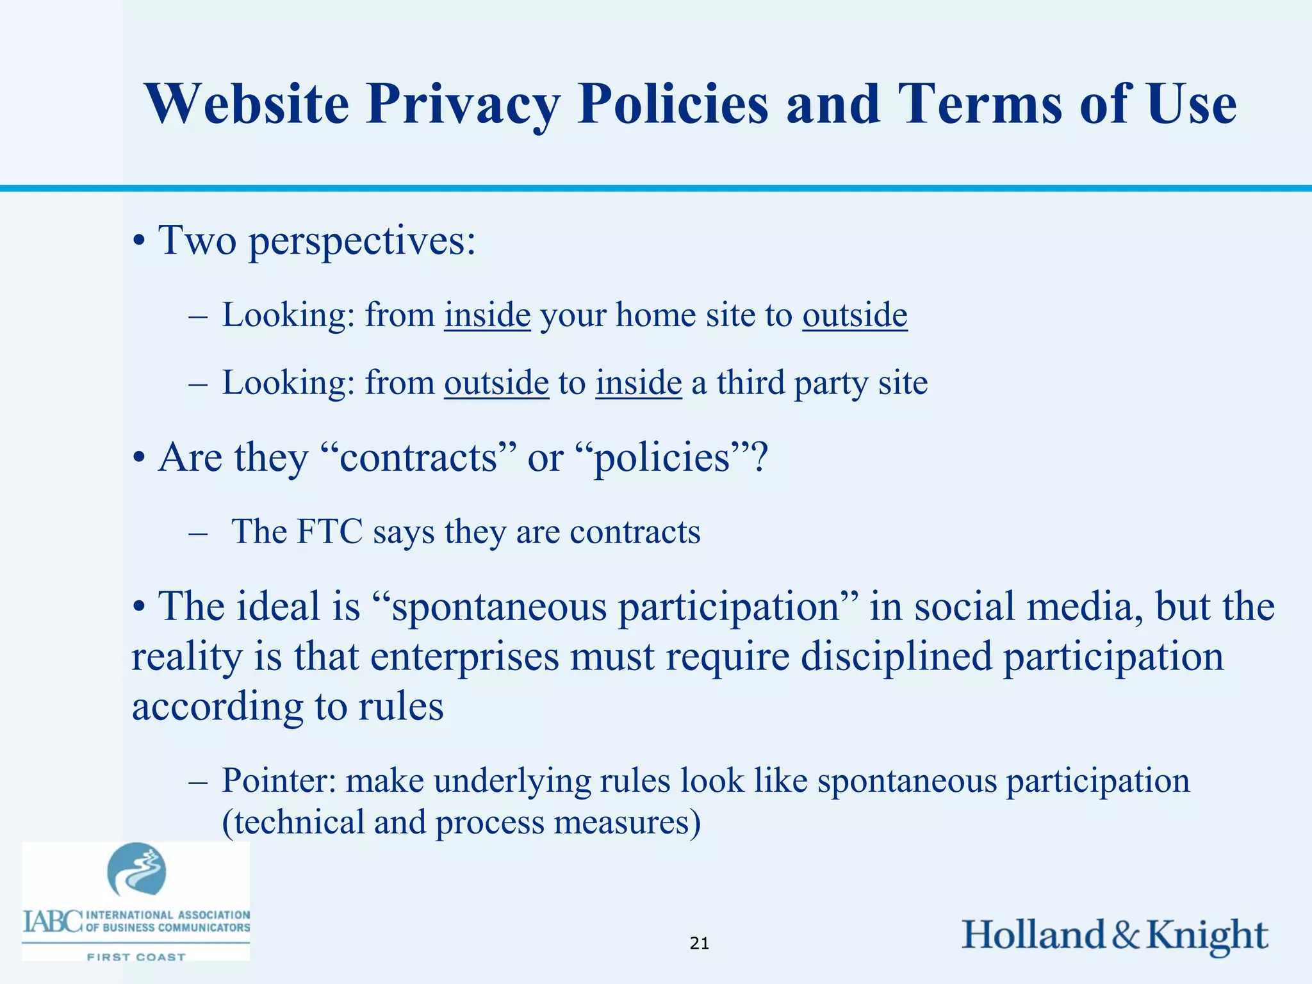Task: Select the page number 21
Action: pos(700,943)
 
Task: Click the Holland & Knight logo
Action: pos(1115,935)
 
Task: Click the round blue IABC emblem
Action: pos(136,870)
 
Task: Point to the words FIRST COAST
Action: pos(136,957)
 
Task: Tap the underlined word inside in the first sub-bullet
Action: pos(488,315)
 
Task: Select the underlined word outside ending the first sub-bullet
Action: pos(855,315)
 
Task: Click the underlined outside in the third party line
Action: pos(496,383)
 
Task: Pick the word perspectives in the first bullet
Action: pos(362,242)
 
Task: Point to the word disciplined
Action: pos(896,657)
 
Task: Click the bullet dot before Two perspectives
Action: pos(138,243)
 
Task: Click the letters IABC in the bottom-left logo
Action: pos(53,922)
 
